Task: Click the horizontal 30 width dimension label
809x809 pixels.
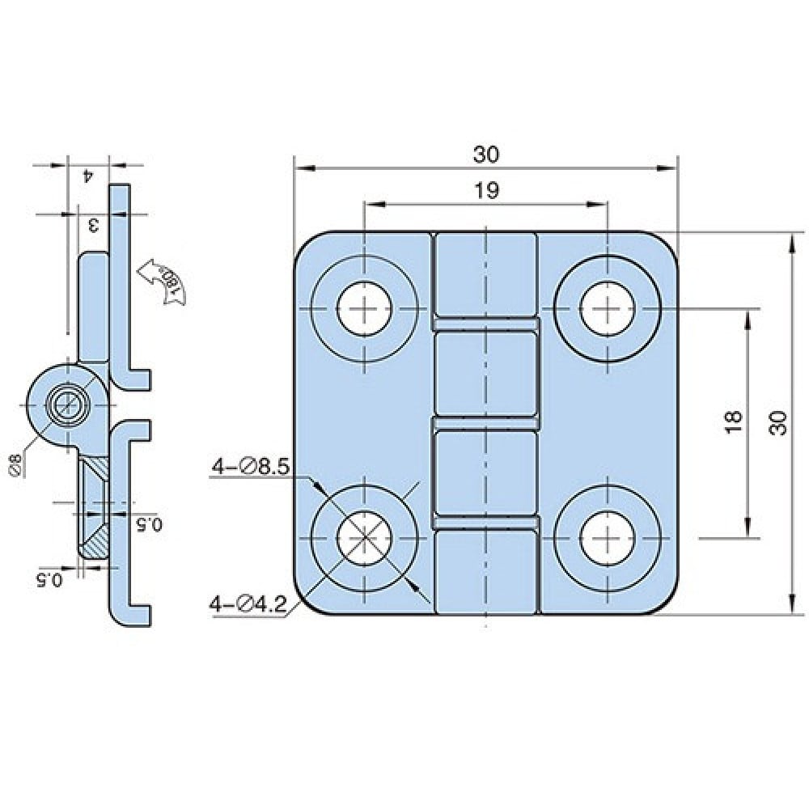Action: click(486, 155)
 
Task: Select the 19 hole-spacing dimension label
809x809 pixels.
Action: click(486, 191)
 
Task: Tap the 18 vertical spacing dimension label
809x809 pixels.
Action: click(733, 421)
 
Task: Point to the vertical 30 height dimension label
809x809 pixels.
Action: click(778, 423)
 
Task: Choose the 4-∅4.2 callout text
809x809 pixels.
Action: click(248, 604)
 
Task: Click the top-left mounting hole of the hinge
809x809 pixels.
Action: click(364, 309)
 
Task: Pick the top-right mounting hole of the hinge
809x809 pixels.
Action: click(608, 309)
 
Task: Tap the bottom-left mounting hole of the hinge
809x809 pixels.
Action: click(364, 537)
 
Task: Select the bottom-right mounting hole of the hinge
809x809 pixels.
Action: click(608, 537)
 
